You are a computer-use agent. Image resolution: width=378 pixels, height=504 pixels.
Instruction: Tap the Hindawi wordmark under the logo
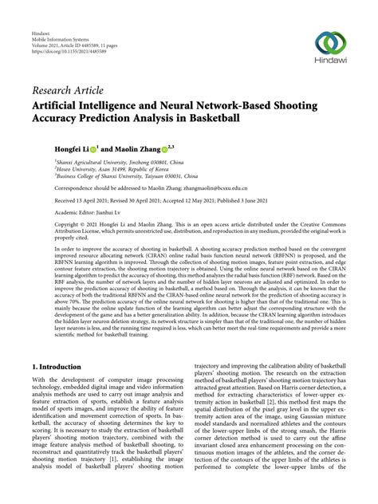(x=329, y=65)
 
